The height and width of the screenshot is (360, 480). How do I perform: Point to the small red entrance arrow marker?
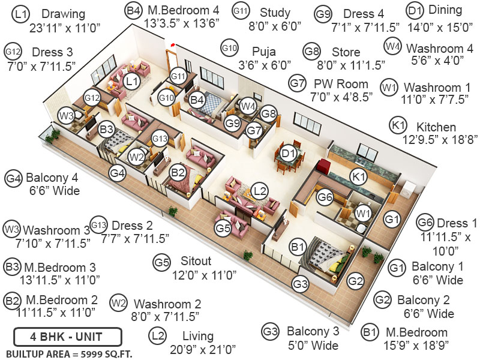[173, 44]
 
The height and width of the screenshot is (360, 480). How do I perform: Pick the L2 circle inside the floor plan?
[259, 191]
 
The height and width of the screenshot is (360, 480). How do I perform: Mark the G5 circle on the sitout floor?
[223, 228]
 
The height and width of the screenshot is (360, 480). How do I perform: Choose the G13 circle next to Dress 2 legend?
[98, 225]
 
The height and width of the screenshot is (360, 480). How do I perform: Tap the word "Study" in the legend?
[275, 13]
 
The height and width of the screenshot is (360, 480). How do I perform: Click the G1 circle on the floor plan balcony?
[392, 220]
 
